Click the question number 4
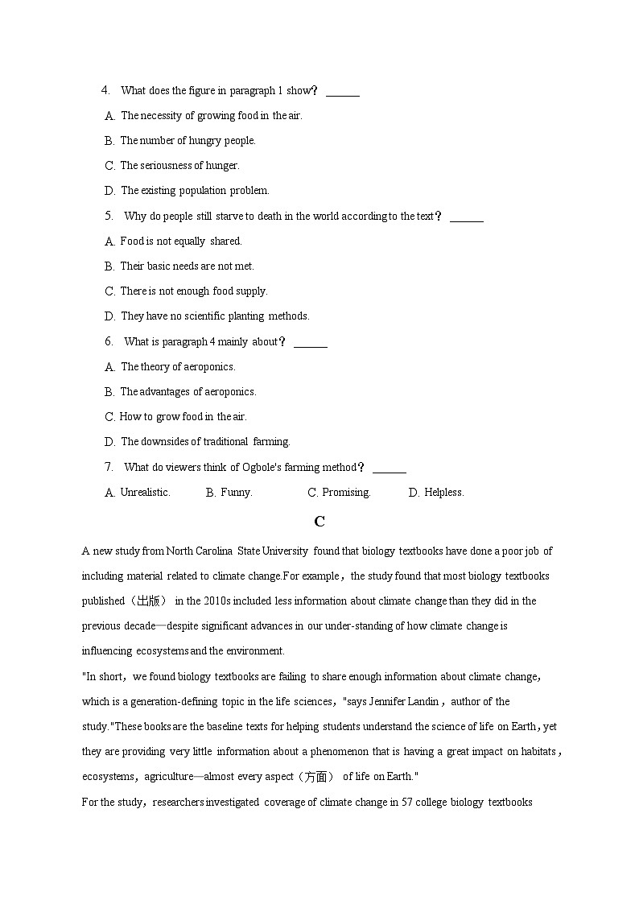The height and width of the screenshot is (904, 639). (x=105, y=90)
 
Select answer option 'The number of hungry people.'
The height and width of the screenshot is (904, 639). (x=188, y=141)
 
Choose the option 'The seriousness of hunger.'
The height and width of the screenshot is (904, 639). (x=179, y=166)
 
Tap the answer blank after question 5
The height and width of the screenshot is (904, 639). (x=467, y=217)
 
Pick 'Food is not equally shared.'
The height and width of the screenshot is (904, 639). (x=180, y=241)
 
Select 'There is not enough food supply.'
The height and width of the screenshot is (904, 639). (x=193, y=291)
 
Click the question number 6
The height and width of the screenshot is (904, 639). (x=109, y=341)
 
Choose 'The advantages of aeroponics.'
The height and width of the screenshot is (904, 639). (x=188, y=392)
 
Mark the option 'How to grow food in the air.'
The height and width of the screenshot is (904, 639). (x=183, y=417)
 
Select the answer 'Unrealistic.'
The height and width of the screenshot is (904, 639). (x=145, y=493)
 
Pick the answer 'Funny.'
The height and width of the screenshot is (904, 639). (x=236, y=493)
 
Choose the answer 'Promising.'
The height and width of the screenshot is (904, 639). (x=346, y=493)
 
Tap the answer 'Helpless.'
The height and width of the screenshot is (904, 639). (x=443, y=493)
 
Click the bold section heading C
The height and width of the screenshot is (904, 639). (x=319, y=522)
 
